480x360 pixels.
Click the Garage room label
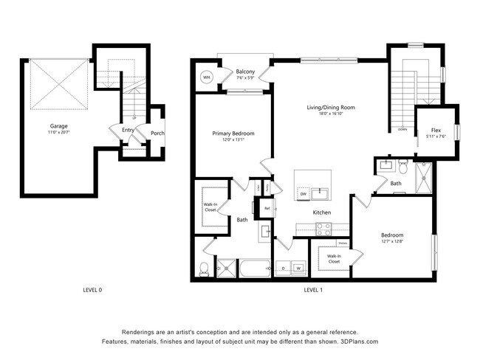tap(58, 126)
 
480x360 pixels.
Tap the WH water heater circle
tap(207, 77)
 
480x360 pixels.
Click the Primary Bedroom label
tap(233, 134)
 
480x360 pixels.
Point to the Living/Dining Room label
tap(331, 108)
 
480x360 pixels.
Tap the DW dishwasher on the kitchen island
tap(303, 194)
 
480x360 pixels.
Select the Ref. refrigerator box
tap(267, 208)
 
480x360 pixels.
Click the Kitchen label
tap(321, 212)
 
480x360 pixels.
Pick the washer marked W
tap(299, 267)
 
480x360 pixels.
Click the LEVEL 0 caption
tap(92, 290)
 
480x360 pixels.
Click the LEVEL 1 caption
tap(313, 290)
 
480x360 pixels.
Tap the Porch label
tap(157, 134)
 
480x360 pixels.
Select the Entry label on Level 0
tap(128, 130)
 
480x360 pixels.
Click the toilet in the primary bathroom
tap(205, 268)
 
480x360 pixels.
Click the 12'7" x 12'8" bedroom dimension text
tap(393, 241)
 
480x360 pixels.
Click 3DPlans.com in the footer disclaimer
tap(357, 342)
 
